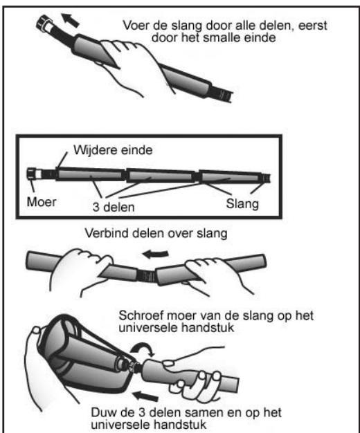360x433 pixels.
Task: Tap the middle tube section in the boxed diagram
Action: pyautogui.click(x=161, y=176)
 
